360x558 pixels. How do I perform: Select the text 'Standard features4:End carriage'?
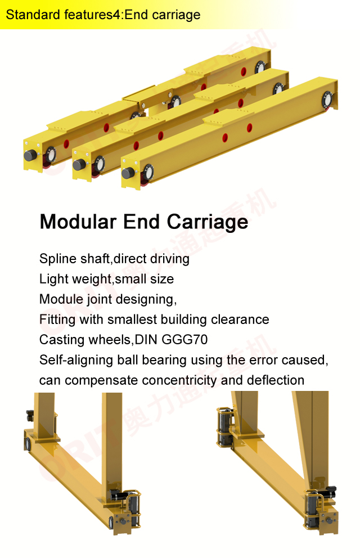pyautogui.click(x=103, y=15)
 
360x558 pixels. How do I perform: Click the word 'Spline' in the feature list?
pyautogui.click(x=56, y=259)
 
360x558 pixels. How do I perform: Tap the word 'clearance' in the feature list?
pyautogui.click(x=243, y=319)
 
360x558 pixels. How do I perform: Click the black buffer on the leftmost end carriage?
pyautogui.click(x=30, y=155)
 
